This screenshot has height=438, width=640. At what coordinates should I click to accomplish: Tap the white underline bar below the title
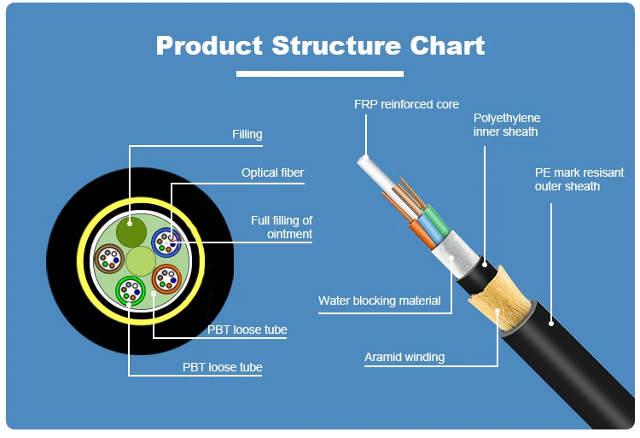[x=319, y=74]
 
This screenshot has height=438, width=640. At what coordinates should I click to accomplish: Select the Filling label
[x=247, y=134]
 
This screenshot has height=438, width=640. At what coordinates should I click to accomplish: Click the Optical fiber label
[x=272, y=172]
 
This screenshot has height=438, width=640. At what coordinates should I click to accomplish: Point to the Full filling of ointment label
[x=282, y=227]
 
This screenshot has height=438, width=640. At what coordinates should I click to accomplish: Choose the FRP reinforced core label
[x=406, y=104]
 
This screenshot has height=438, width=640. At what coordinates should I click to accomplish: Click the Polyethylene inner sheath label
[x=507, y=125]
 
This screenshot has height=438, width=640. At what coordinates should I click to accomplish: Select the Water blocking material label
[x=379, y=301]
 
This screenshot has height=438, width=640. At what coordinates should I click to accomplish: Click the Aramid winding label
[x=404, y=357]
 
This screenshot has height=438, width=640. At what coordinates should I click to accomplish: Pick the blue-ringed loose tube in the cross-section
[x=166, y=242]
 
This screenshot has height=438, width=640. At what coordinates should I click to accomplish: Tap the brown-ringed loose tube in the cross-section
[x=109, y=256]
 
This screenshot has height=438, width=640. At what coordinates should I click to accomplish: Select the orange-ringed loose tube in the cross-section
[x=166, y=277]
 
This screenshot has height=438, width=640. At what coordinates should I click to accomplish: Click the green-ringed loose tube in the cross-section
[x=130, y=290]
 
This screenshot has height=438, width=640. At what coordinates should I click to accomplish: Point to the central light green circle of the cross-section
[x=140, y=259]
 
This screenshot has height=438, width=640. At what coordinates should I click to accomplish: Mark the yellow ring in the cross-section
[x=82, y=256]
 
